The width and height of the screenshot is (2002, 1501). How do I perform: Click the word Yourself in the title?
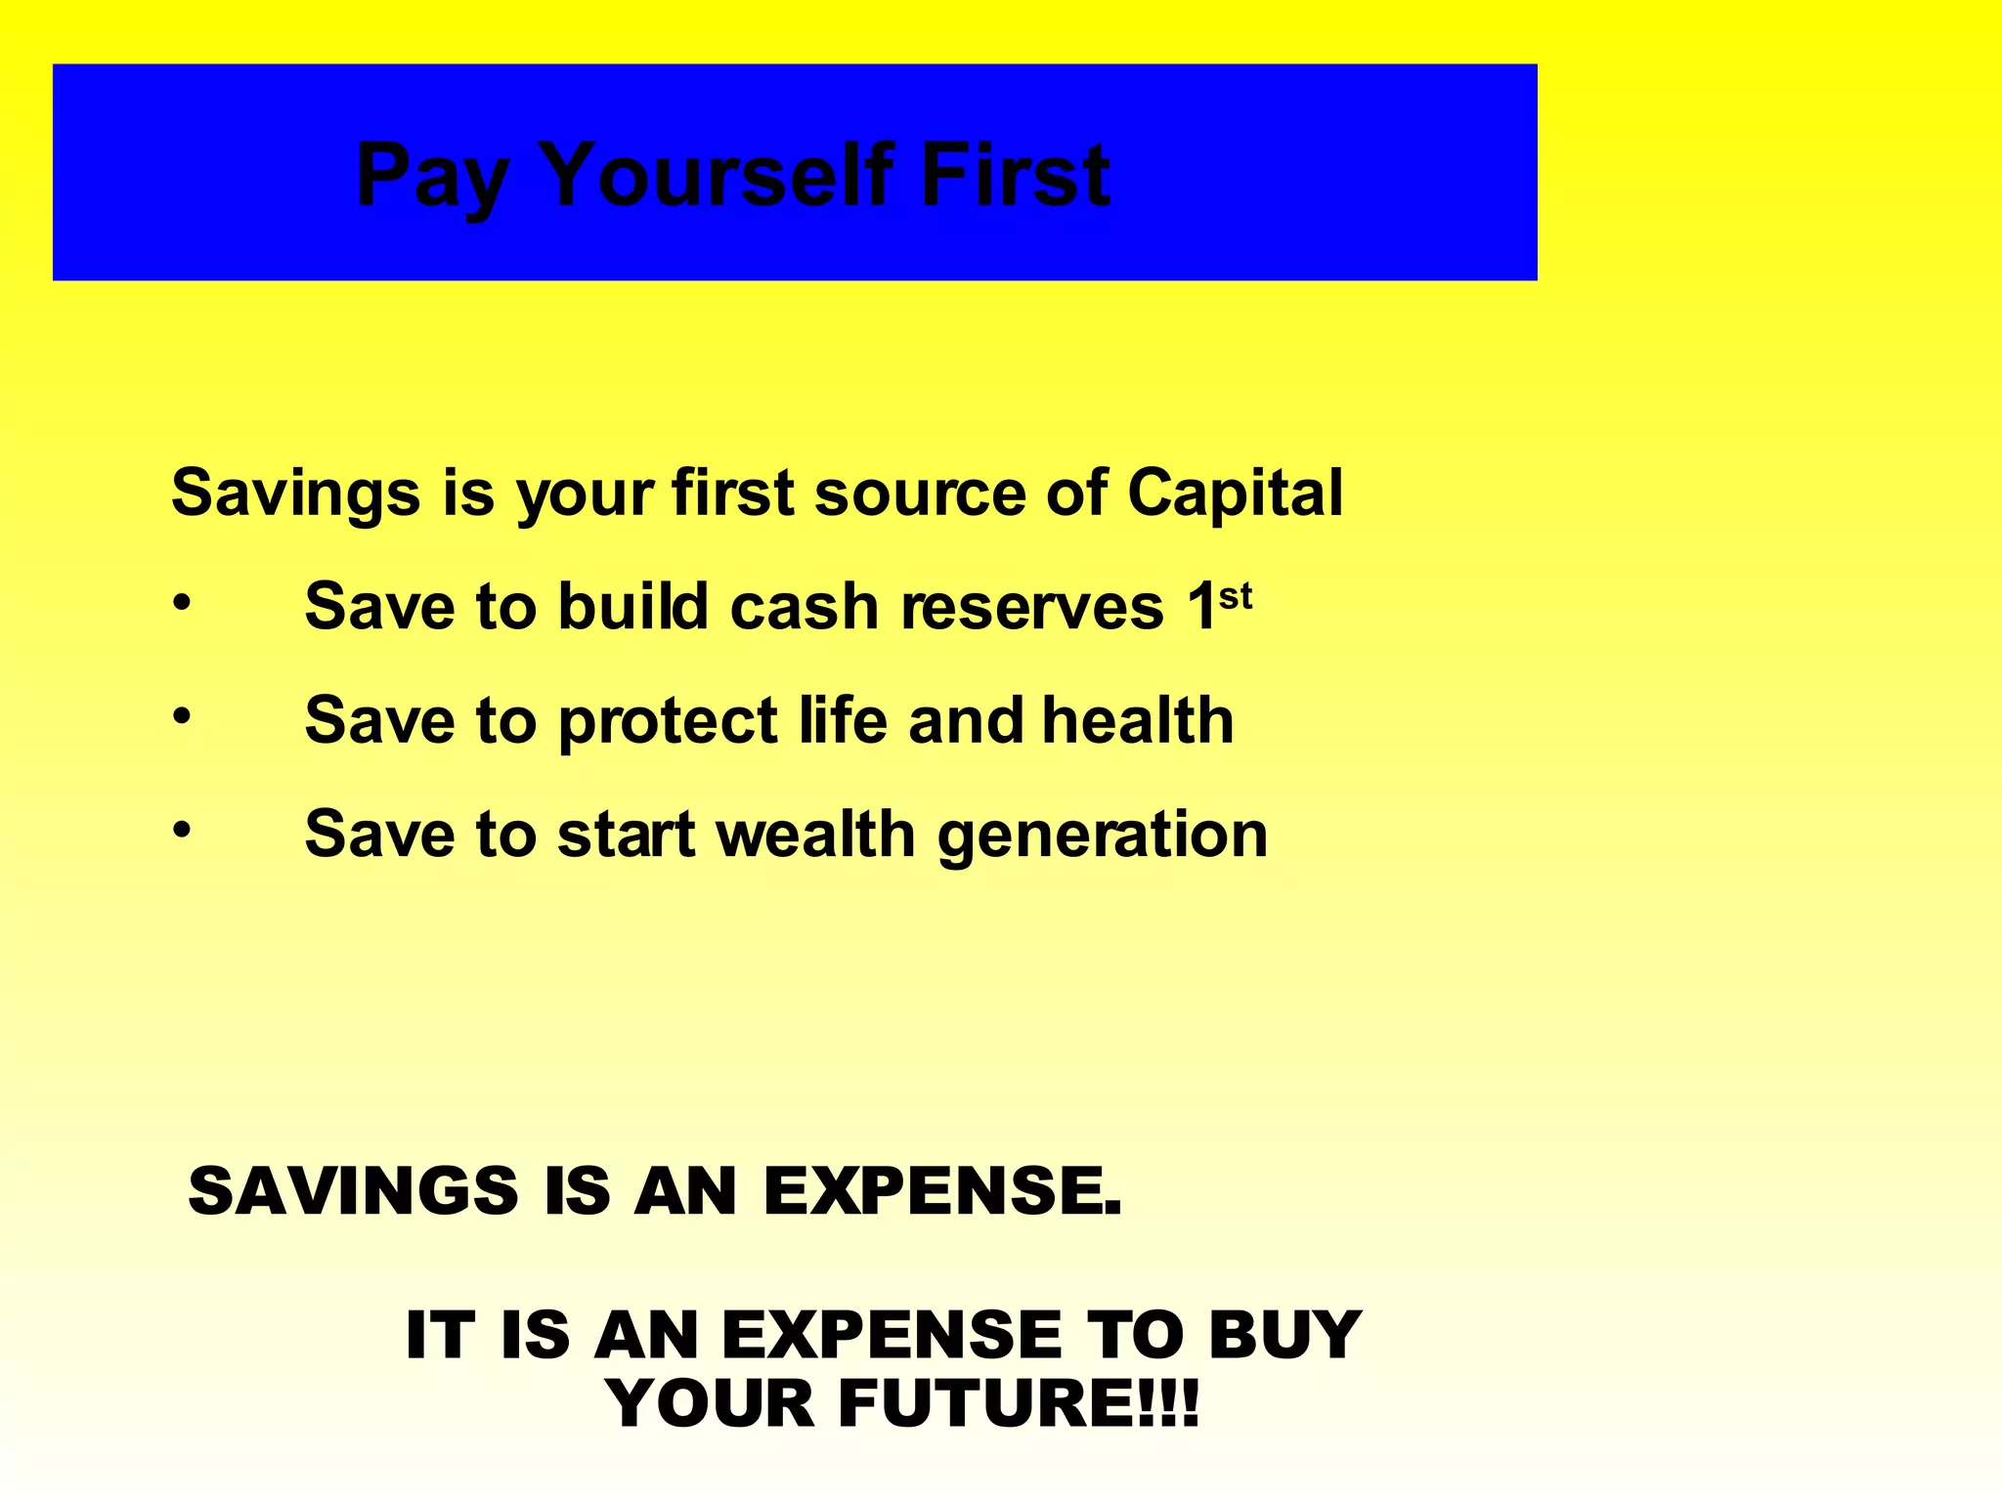coord(714,176)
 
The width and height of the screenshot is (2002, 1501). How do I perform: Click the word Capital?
coord(1235,493)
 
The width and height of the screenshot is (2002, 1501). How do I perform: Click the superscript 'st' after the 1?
coord(1235,594)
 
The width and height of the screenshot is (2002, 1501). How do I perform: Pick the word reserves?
coord(1032,607)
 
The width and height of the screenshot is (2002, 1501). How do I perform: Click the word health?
coord(1138,720)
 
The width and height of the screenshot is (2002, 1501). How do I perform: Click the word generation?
coord(1103,836)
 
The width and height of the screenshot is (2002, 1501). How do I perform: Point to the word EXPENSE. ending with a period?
coord(942,1191)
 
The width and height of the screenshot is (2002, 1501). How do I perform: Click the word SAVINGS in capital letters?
coord(353,1191)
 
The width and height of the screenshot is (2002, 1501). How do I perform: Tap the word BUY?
coord(1284,1334)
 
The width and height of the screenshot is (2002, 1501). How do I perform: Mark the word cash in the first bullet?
coord(805,607)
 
